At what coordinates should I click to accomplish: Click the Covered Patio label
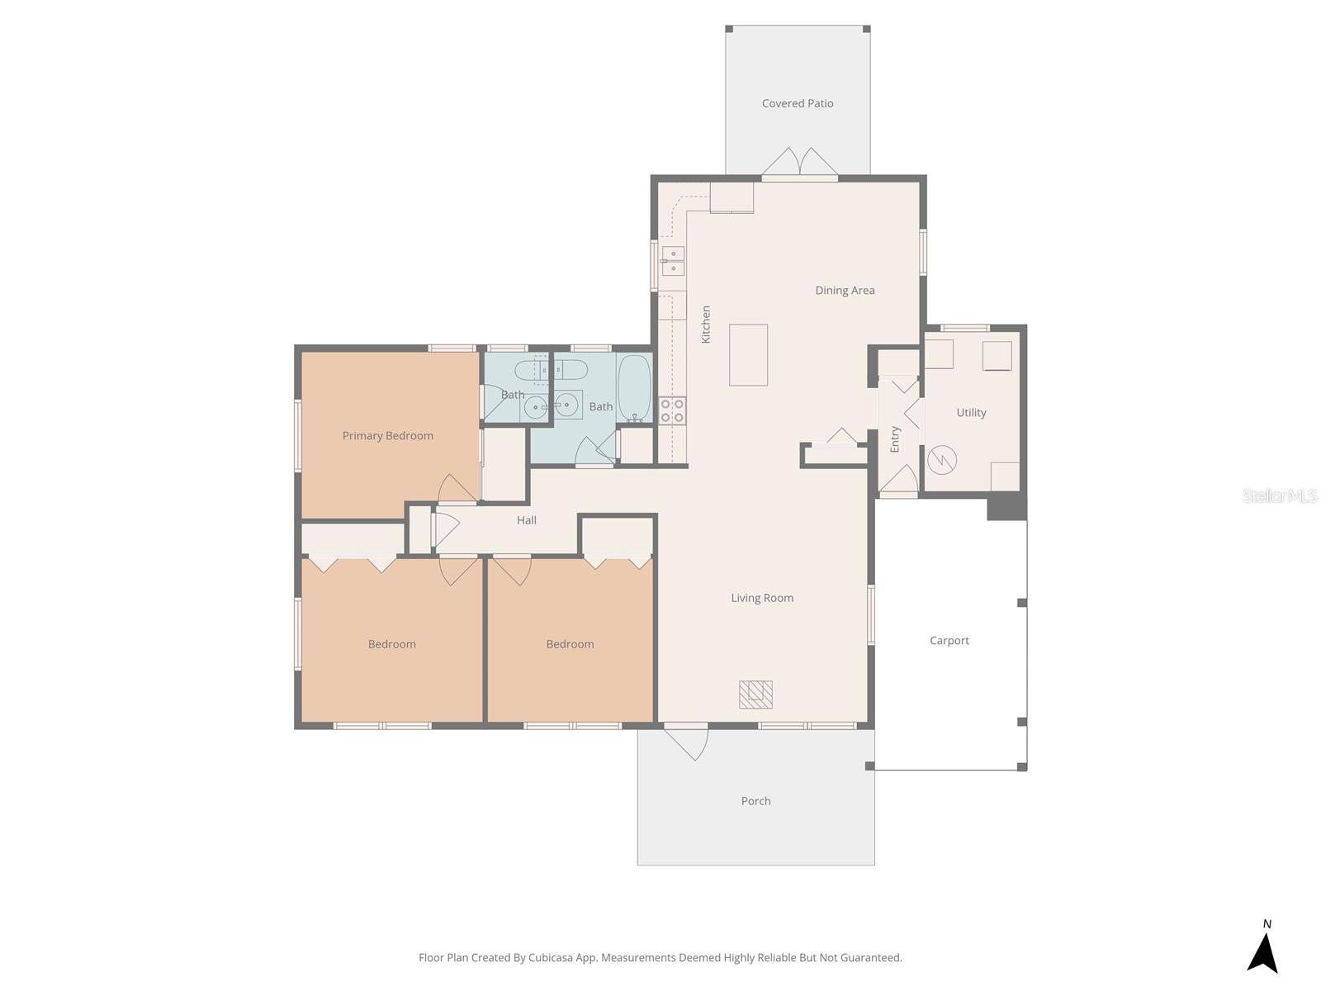[798, 103]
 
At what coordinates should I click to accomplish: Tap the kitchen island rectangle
[748, 354]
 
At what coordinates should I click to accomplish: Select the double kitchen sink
[672, 261]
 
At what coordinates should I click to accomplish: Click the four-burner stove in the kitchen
[672, 410]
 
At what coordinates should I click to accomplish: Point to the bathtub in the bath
[634, 388]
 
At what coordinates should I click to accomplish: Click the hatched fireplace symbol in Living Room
[755, 695]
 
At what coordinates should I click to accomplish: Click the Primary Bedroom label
[387, 436]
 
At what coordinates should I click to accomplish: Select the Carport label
[949, 641]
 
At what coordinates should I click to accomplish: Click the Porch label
[755, 801]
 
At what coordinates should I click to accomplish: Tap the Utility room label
[971, 413]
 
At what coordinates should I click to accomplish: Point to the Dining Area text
[845, 291]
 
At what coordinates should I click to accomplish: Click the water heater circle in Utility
[941, 460]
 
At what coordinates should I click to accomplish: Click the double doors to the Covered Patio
[799, 164]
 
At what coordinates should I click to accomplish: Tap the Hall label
[527, 520]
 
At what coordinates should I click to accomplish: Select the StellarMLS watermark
[1279, 495]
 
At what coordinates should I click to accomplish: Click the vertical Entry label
[895, 439]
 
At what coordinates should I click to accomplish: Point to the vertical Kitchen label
[706, 325]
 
